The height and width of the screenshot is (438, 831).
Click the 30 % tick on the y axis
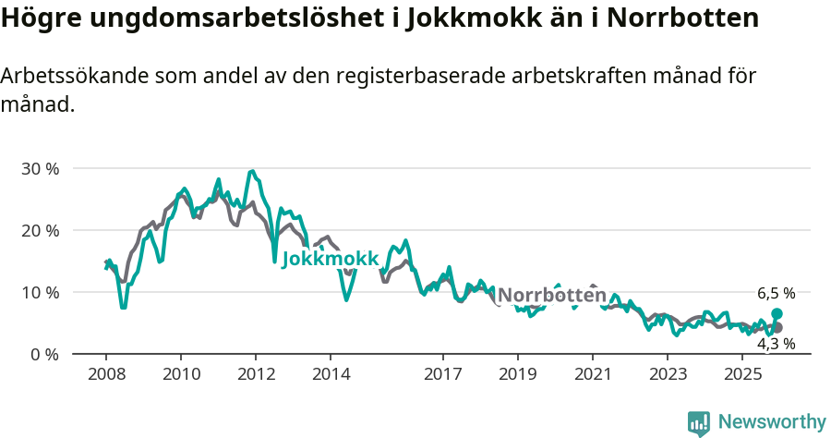pos(40,169)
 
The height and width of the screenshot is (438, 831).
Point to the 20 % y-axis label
pos(40,230)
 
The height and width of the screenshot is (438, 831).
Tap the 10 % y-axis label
pos(40,292)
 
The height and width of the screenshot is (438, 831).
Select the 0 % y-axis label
pos(44,354)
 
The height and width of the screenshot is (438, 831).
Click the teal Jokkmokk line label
pos(330,260)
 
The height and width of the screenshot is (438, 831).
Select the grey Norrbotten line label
pos(552,296)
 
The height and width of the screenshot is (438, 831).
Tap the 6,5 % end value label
pos(777,294)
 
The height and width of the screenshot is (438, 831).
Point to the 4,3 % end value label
pos(777,344)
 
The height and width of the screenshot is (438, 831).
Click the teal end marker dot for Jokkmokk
pos(777,314)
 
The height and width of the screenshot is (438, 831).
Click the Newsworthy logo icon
pos(699,423)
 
